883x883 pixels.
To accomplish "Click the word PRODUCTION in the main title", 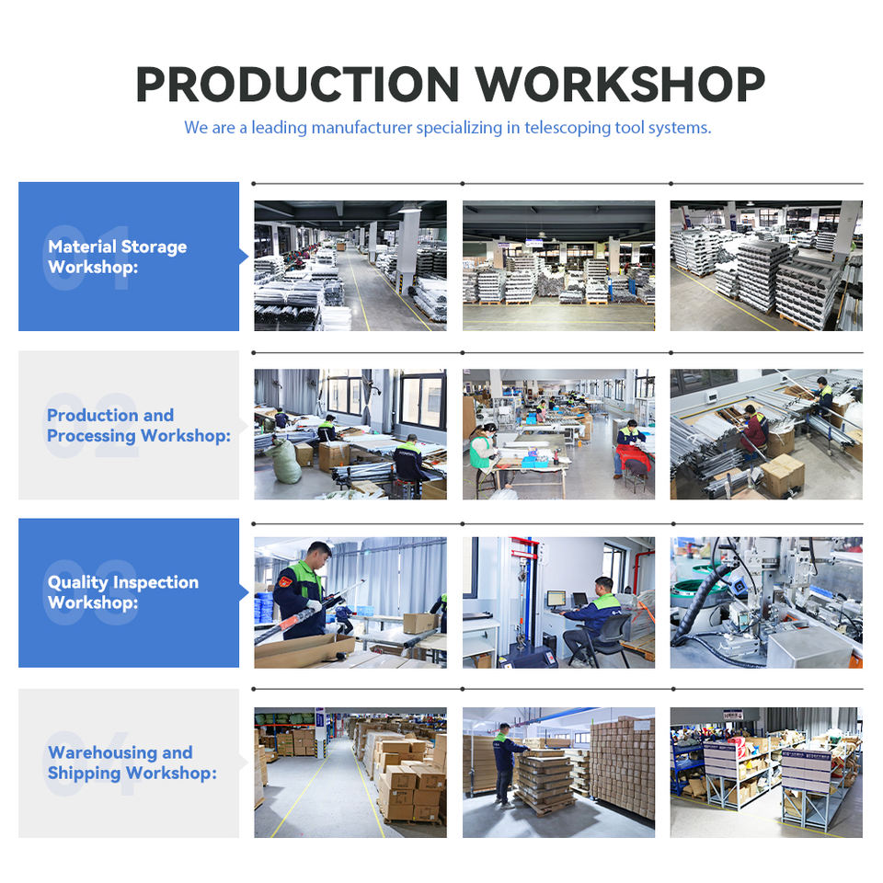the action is (x=297, y=85).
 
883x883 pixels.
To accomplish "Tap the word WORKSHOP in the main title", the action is (x=620, y=85).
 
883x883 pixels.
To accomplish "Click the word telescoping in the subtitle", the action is (x=568, y=128).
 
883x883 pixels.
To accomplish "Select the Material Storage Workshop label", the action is (x=117, y=257).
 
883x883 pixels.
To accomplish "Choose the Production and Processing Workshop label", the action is (x=139, y=425).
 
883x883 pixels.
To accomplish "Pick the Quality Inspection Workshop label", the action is (x=122, y=591).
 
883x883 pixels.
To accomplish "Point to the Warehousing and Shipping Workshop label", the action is (x=132, y=763).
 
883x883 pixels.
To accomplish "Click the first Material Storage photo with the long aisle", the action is (x=350, y=265).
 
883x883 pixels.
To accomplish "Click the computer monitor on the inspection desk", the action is (x=556, y=598).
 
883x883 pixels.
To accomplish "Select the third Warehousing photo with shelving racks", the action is (x=766, y=772).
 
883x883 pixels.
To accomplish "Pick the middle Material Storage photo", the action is (x=558, y=265).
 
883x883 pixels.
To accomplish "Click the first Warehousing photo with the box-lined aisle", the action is (x=350, y=772).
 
